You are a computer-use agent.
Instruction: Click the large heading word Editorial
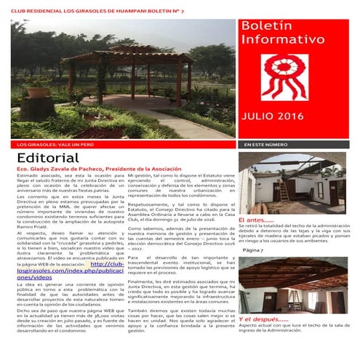point(49,159)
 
